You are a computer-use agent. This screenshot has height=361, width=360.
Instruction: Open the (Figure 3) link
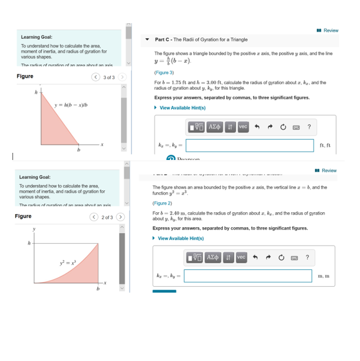(164, 73)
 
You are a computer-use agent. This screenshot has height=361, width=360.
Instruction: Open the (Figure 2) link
(162, 203)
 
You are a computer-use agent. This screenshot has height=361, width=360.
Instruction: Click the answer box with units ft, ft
(249, 145)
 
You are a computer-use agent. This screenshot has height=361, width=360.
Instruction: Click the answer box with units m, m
(248, 276)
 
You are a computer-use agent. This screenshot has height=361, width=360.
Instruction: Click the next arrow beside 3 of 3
(121, 77)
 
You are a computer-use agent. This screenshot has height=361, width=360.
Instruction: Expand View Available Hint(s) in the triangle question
(180, 108)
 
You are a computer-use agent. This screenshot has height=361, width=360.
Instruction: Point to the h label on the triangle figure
(36, 92)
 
